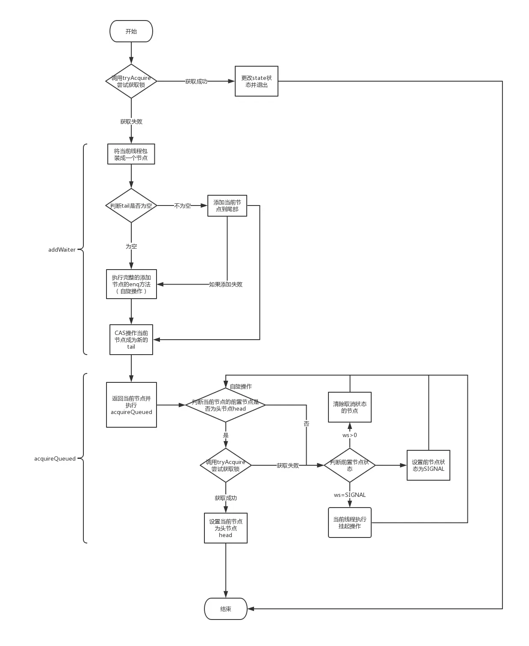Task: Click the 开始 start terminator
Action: point(131,31)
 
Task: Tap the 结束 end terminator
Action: point(225,609)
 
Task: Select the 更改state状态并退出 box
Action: point(256,81)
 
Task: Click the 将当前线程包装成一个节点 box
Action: point(131,154)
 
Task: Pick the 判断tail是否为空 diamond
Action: point(131,206)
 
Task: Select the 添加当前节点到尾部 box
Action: point(227,206)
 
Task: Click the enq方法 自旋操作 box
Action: point(131,284)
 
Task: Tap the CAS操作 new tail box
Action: point(131,340)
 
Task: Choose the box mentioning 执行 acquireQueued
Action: point(131,405)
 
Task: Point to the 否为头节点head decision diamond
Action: point(225,405)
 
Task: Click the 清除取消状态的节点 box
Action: point(349,407)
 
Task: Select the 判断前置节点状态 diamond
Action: point(349,465)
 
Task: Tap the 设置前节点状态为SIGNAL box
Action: point(428,465)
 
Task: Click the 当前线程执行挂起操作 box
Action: point(349,523)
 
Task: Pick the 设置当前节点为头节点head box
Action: point(225,528)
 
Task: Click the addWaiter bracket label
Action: point(62,250)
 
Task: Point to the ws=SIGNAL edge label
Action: point(349,495)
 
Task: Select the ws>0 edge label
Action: point(349,435)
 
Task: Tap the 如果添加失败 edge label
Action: point(225,284)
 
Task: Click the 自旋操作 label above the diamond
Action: point(241,386)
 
